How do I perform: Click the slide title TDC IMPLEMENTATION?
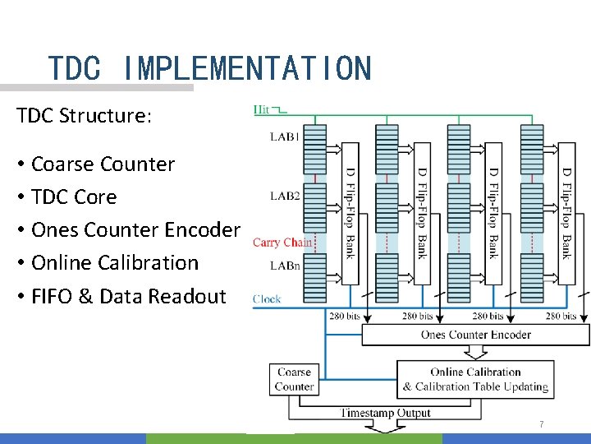coord(209,68)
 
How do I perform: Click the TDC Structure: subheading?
coord(84,115)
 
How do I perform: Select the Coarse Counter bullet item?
coord(103,164)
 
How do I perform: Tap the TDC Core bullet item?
coord(74,197)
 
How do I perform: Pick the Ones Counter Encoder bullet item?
coord(135,229)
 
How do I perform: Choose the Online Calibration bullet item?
coord(115,262)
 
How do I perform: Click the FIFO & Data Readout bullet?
coord(127,296)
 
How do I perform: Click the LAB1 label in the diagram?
coord(285,136)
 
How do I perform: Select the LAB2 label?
coord(285,196)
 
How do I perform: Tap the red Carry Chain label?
coord(282,242)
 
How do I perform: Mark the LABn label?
coord(285,266)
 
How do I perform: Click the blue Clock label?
coord(267,298)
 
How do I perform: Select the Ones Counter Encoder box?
coord(475,335)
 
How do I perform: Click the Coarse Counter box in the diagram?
coord(294,379)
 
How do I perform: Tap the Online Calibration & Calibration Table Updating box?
coord(475,379)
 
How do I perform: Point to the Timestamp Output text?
coord(386,413)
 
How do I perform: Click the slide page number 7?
coord(541,424)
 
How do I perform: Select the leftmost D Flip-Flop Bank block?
coord(350,213)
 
